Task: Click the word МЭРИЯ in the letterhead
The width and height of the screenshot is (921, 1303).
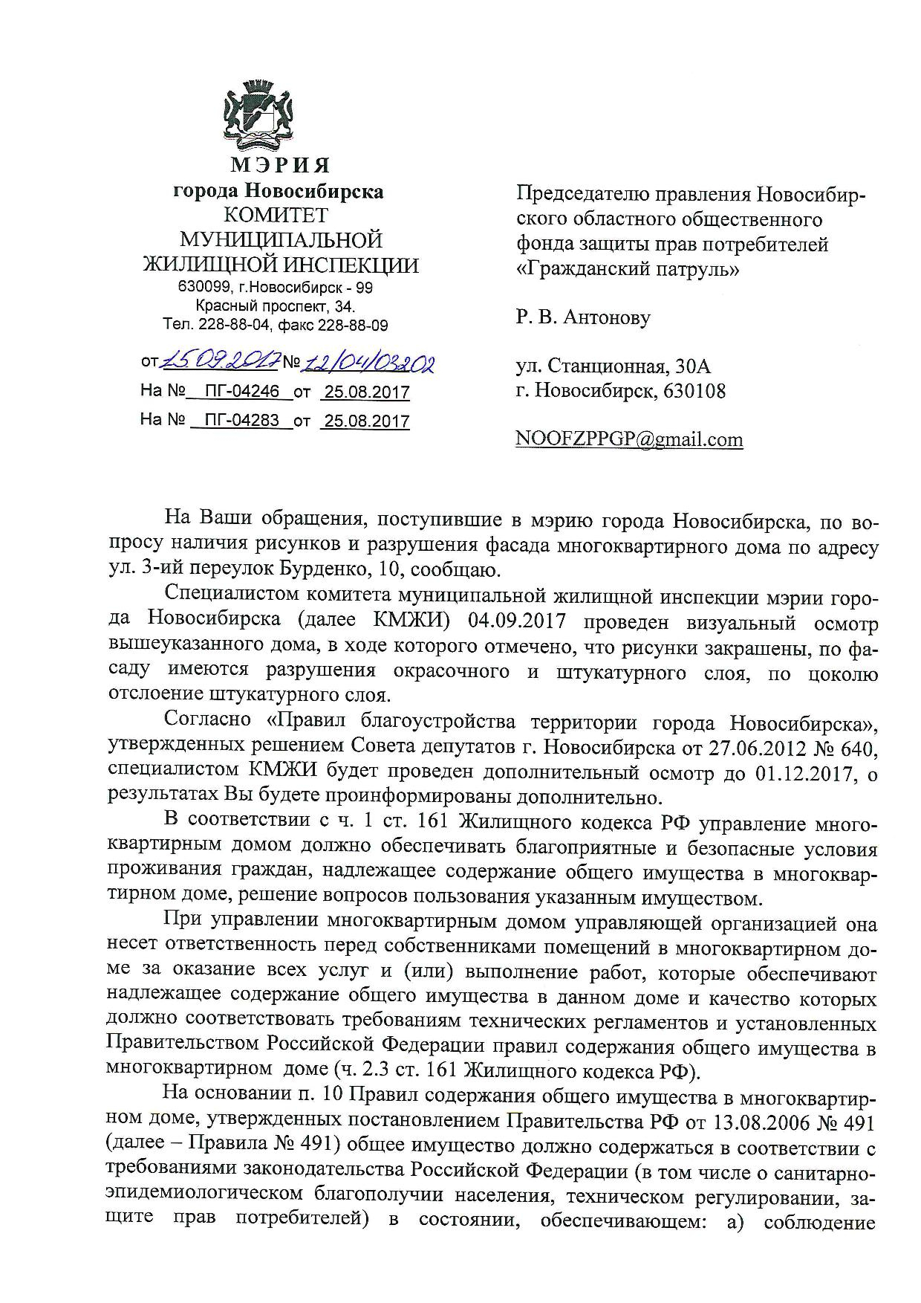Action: [280, 165]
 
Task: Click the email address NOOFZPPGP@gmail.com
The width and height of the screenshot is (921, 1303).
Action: [629, 439]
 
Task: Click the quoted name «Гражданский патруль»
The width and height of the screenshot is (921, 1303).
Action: [628, 268]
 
